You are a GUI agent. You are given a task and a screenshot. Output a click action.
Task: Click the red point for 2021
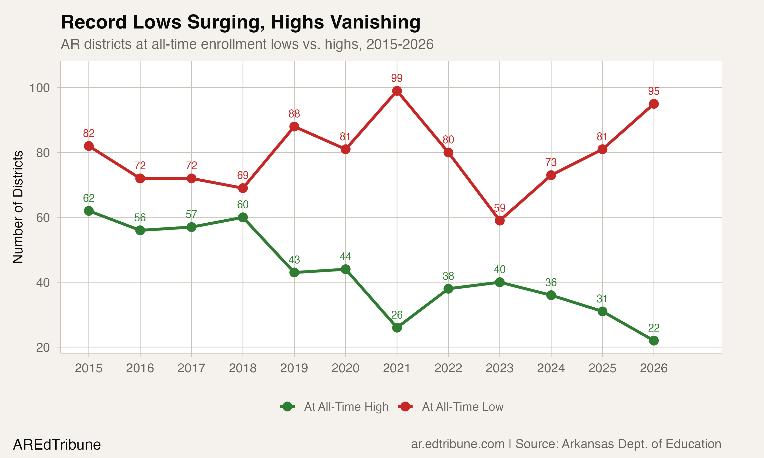click(397, 91)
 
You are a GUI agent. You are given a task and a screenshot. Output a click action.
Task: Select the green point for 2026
click(654, 341)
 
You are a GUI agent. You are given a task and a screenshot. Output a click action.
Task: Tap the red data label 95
click(654, 91)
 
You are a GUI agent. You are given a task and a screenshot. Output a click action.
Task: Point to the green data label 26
click(397, 315)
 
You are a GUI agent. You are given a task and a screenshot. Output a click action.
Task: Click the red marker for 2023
click(500, 221)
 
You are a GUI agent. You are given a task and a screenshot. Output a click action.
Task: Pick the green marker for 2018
click(243, 218)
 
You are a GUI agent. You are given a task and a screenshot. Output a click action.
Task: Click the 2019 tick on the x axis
click(294, 368)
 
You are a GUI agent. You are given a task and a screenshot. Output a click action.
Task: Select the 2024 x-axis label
click(551, 368)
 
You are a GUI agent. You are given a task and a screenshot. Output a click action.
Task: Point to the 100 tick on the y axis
click(39, 88)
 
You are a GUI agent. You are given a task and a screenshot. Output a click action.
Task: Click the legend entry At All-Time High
click(346, 407)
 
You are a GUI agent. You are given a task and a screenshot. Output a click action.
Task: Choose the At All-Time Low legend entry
click(462, 407)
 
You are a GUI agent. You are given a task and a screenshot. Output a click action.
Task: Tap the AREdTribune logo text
click(57, 445)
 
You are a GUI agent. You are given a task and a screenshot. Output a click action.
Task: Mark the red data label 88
click(294, 114)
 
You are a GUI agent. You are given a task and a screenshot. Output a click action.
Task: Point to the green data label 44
click(345, 257)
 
